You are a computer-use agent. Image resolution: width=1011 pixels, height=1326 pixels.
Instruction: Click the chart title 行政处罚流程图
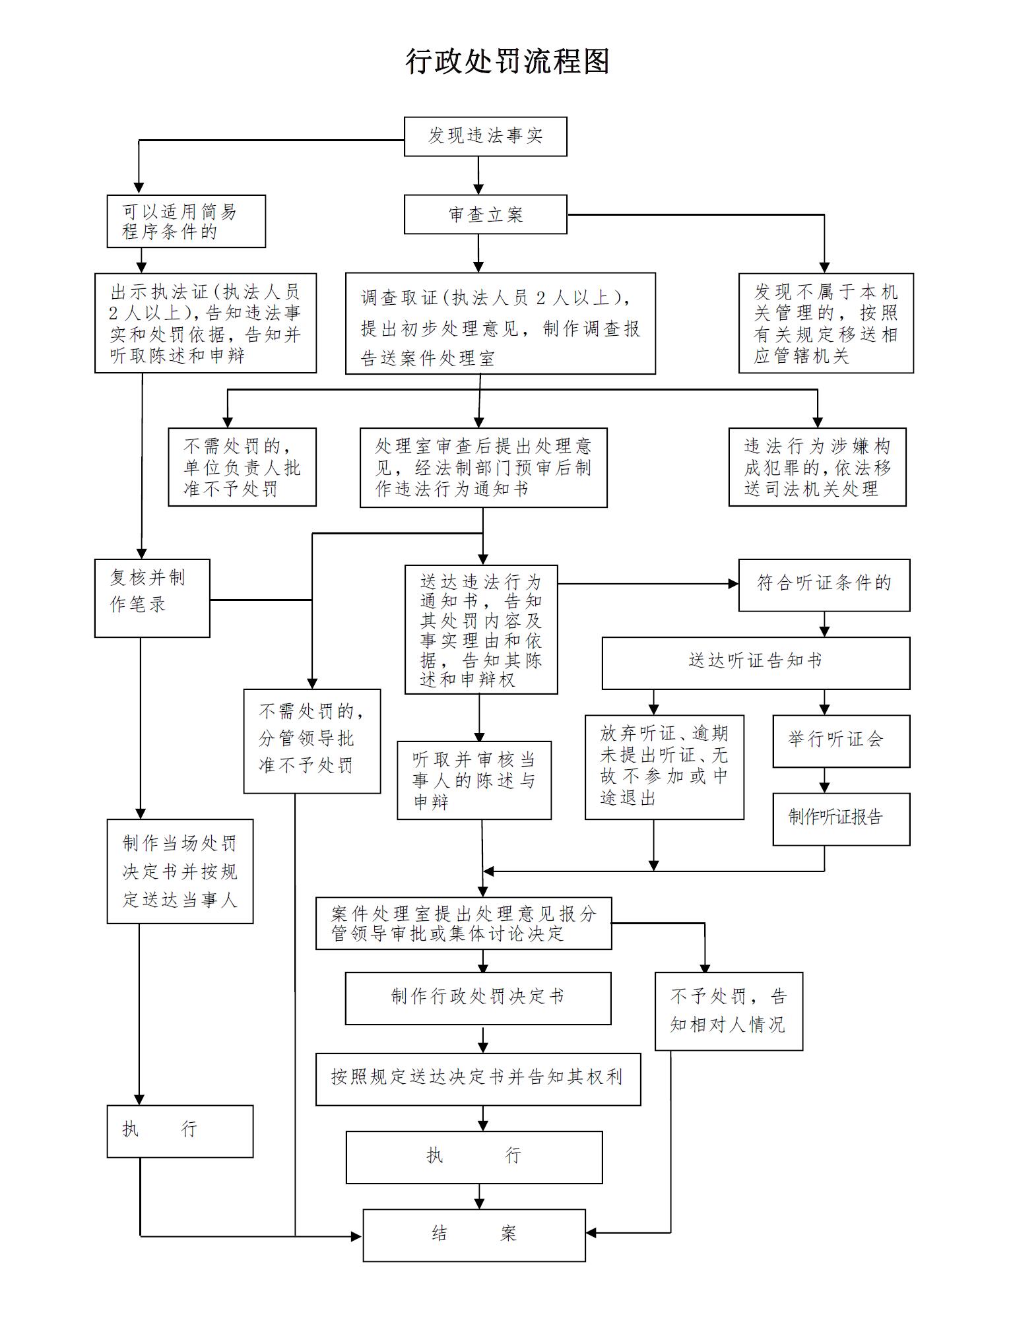pos(506,62)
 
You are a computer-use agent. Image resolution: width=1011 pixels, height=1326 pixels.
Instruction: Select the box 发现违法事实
pos(485,137)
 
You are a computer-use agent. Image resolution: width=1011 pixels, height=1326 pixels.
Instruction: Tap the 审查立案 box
pos(485,214)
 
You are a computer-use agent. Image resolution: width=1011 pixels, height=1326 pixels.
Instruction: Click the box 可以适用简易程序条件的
pos(186,222)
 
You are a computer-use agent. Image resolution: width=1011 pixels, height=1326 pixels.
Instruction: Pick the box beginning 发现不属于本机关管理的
pos(826,323)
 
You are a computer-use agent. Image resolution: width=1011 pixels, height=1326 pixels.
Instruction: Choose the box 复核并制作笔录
pos(152,598)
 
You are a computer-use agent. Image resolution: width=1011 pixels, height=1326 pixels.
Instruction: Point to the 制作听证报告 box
pos(841,819)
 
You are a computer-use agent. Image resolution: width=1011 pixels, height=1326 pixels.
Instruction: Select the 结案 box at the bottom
pos(474,1235)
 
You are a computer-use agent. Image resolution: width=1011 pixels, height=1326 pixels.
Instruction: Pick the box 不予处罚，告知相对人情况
pos(729,1011)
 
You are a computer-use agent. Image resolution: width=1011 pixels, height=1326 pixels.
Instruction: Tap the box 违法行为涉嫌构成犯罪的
pos(817,467)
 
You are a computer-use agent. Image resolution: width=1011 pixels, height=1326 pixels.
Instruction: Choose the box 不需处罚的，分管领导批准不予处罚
pos(311,741)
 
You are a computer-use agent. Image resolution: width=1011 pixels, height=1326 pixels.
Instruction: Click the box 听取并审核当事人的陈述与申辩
pos(474,780)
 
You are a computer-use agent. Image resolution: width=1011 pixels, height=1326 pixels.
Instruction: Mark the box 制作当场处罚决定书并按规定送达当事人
pos(179,871)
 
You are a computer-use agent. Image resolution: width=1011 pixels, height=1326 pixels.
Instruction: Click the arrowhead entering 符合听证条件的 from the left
pos(733,584)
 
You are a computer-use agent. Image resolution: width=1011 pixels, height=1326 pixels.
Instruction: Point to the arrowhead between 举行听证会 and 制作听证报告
pos(824,787)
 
